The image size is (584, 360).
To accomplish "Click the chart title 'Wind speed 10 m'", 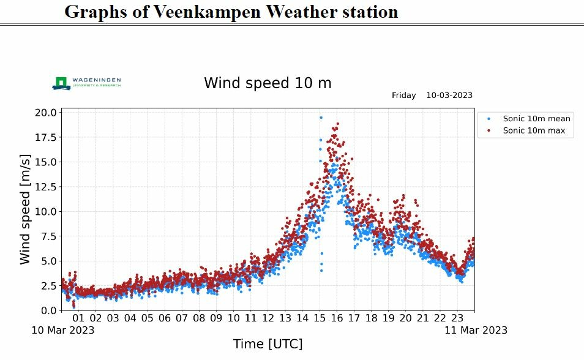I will (x=268, y=83).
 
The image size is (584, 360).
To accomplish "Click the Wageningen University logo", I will (x=86, y=83).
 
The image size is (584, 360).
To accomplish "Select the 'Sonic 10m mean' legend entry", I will (x=536, y=119).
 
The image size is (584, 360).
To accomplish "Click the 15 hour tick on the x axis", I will (x=320, y=318).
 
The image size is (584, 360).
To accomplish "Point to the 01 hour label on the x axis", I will (x=78, y=318).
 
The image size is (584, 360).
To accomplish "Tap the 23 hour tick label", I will (x=457, y=318).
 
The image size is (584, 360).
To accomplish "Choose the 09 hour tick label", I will (x=216, y=318).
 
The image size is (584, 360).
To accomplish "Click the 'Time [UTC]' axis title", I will (x=268, y=344).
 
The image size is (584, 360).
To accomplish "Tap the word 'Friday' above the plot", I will (x=403, y=96).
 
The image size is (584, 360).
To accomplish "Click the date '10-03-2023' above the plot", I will (x=449, y=96).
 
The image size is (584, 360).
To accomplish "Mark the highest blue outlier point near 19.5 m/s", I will (x=321, y=118).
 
